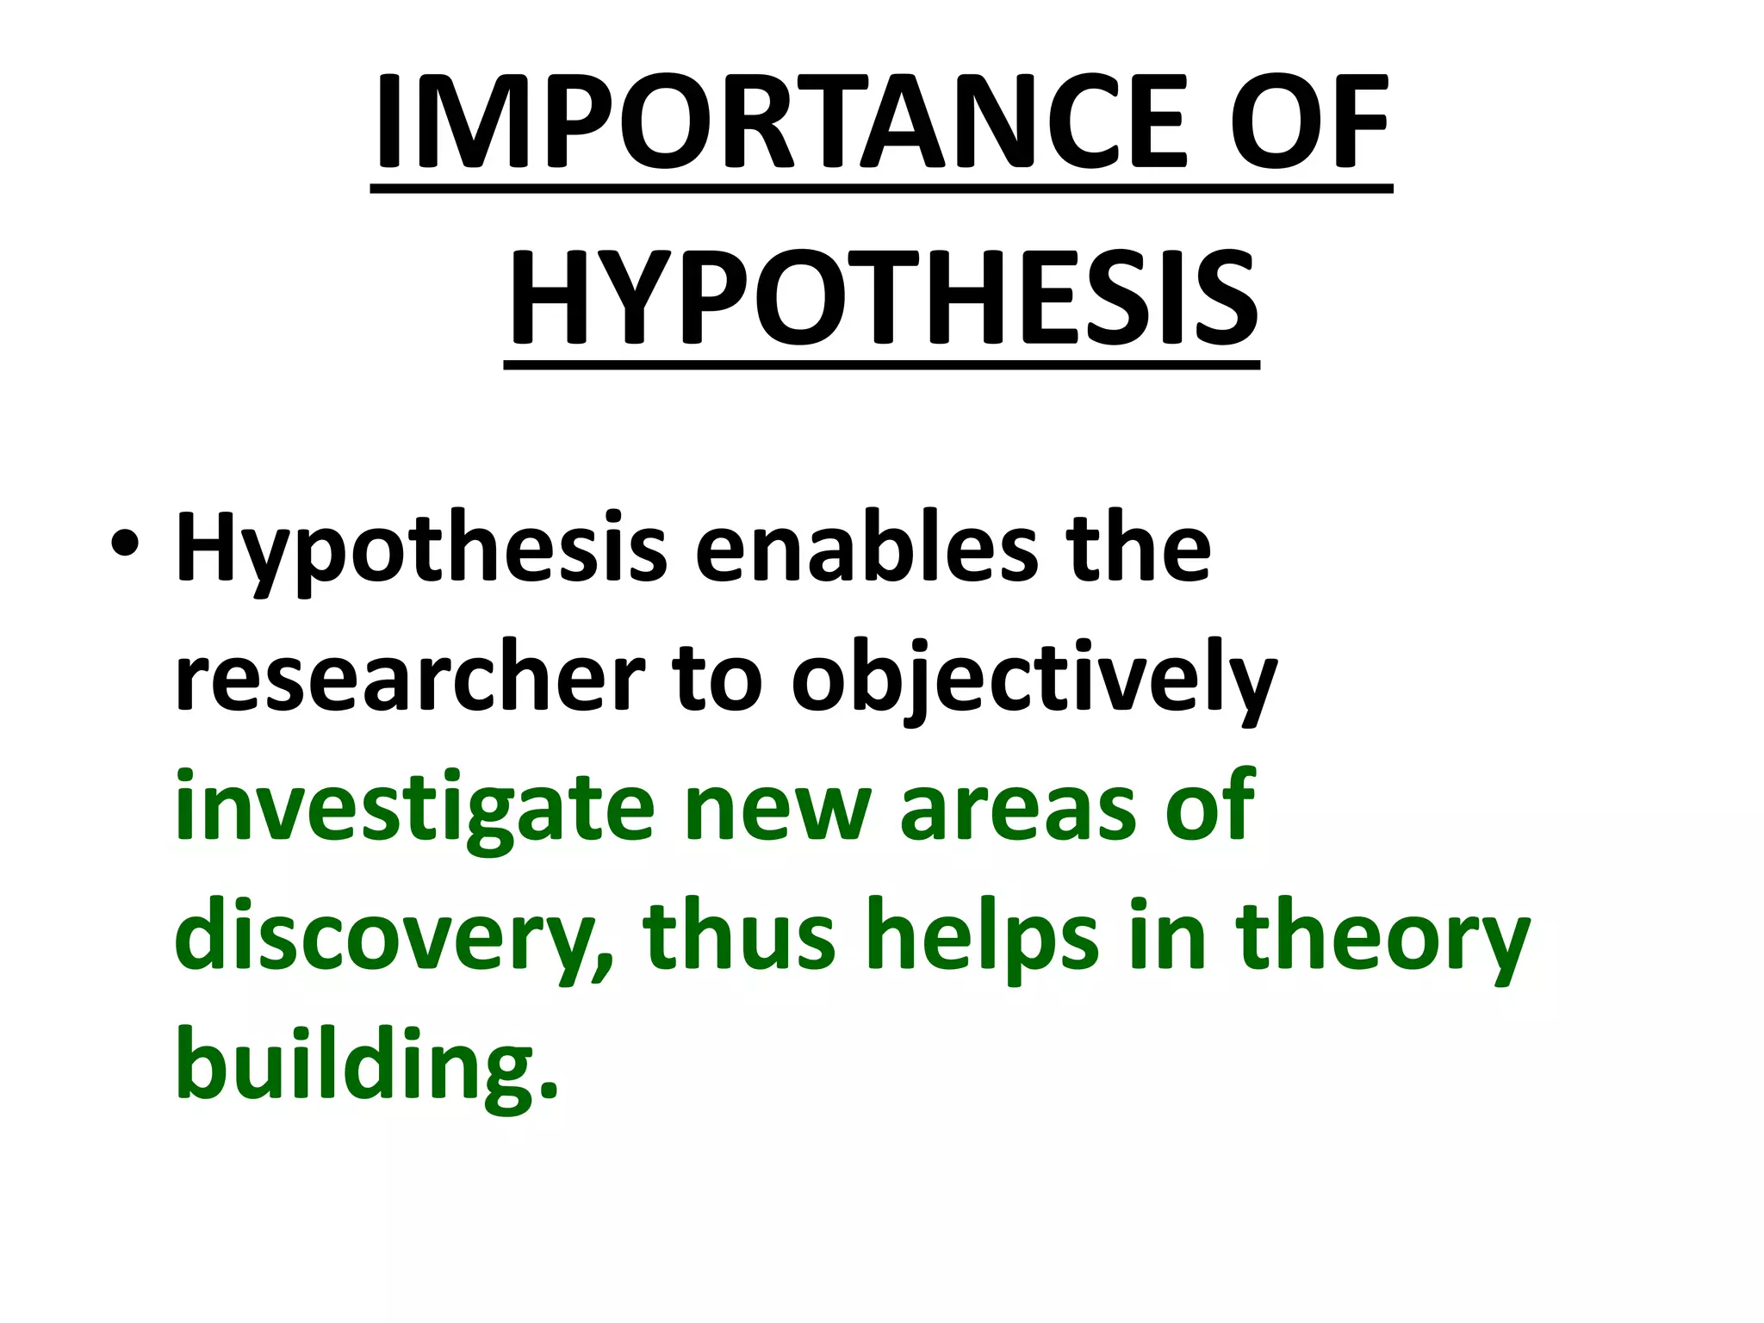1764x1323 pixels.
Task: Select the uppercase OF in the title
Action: (x=1308, y=122)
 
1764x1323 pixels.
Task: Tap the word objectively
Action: (x=1034, y=680)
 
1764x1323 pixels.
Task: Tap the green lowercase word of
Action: (x=1211, y=804)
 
